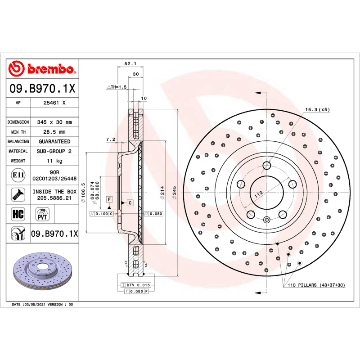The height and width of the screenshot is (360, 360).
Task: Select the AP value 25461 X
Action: (54, 103)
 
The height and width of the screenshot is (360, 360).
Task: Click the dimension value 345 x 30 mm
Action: (54, 122)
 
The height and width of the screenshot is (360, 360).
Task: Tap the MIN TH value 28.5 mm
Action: (54, 132)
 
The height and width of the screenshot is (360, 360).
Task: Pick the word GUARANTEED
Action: (54, 141)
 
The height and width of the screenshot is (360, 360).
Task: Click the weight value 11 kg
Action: (54, 161)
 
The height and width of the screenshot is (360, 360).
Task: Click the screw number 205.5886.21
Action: (54, 197)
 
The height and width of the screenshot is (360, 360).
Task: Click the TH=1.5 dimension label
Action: (117, 86)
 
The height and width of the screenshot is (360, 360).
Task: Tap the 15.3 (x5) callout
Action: (318, 110)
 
